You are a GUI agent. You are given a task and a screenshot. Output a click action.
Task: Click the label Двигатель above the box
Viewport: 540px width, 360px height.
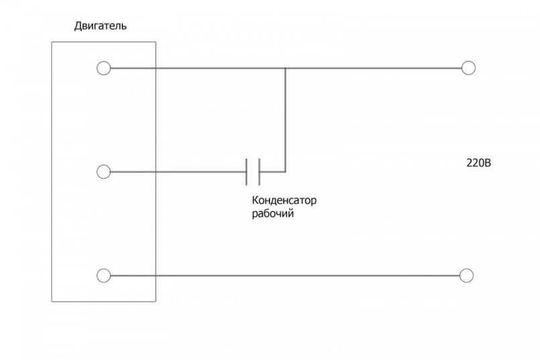[x=101, y=26]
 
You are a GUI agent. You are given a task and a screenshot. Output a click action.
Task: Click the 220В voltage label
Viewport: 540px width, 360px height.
[x=479, y=163]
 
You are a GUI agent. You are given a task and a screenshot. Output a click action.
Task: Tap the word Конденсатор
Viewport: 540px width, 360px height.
[x=284, y=200]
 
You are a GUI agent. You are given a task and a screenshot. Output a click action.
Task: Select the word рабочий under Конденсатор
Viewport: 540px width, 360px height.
[x=273, y=213]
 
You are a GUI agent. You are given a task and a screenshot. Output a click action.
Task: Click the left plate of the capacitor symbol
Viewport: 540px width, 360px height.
[x=247, y=172]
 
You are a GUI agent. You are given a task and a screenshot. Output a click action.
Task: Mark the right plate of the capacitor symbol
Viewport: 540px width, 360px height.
[x=259, y=172]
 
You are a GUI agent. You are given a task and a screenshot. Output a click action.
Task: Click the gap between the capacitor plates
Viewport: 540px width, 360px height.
[x=253, y=172]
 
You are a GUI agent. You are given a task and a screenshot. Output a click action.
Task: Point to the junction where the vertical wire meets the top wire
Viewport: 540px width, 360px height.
[x=285, y=68]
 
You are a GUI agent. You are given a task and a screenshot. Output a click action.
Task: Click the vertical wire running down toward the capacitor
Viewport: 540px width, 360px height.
[x=285, y=120]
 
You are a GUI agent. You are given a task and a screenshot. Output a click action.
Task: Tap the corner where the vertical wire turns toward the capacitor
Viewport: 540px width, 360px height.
[x=285, y=172]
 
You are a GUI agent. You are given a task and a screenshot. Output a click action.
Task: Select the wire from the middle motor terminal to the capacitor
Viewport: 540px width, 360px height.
[x=178, y=172]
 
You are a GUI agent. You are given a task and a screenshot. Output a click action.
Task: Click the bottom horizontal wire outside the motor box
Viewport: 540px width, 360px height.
[x=307, y=276]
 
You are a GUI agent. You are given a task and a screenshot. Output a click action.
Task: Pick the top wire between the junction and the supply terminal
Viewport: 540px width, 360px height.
[x=374, y=68]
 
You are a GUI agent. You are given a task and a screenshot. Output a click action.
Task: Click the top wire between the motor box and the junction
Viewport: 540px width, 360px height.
[x=221, y=68]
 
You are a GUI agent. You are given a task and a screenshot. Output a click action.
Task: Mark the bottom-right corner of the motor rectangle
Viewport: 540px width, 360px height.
[x=156, y=302]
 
